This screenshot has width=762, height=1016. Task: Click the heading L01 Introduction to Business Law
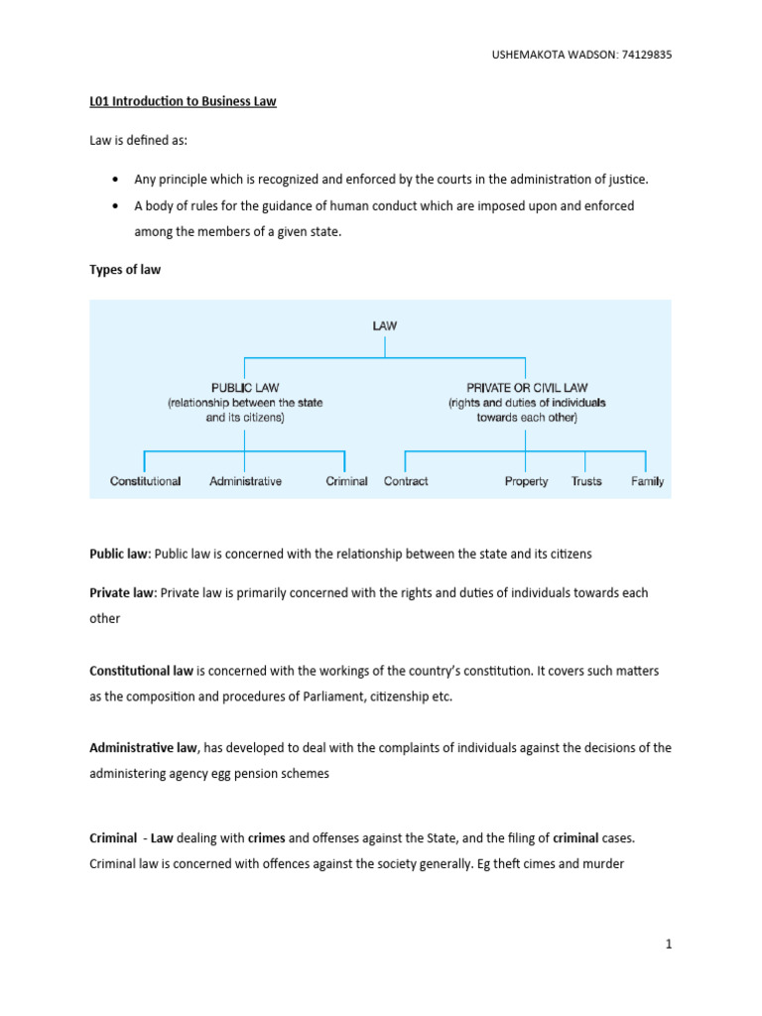point(183,102)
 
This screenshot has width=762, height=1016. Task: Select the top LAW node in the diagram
point(385,324)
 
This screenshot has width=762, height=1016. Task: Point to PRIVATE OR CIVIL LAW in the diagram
point(526,388)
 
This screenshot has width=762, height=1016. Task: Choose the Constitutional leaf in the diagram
point(145,481)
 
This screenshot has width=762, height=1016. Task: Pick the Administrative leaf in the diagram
point(245,481)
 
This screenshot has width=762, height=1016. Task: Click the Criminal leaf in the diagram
point(346,481)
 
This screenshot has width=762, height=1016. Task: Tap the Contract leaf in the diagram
point(405,481)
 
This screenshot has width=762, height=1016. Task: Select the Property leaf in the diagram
point(526,481)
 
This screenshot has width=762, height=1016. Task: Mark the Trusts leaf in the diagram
point(586,481)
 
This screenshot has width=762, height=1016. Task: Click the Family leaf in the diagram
point(647,481)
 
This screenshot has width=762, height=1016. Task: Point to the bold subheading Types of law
point(124,270)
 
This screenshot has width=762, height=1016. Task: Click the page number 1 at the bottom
point(670,946)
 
